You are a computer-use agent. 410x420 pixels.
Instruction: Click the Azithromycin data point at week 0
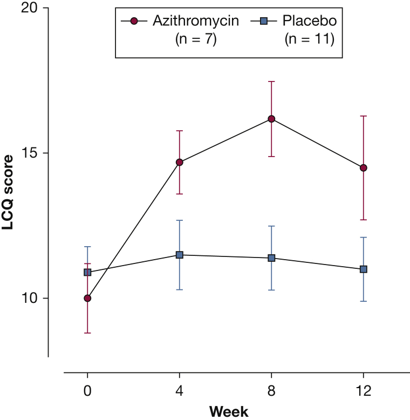pyautogui.click(x=87, y=298)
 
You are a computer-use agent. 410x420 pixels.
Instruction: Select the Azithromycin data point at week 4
pyautogui.click(x=180, y=162)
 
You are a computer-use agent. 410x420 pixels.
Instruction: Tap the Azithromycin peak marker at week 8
pyautogui.click(x=271, y=119)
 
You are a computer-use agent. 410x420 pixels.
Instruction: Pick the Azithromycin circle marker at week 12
pyautogui.click(x=364, y=168)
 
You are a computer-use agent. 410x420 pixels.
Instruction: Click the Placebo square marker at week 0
pyautogui.click(x=87, y=272)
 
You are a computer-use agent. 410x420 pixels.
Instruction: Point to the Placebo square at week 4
pyautogui.click(x=180, y=255)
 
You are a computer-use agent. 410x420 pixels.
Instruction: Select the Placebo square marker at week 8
pyautogui.click(x=271, y=258)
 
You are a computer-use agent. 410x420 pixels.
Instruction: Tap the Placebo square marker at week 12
pyautogui.click(x=364, y=269)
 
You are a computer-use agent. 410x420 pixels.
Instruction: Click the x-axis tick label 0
pyautogui.click(x=87, y=391)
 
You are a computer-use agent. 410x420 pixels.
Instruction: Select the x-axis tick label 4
pyautogui.click(x=180, y=391)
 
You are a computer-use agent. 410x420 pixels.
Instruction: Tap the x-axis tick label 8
pyautogui.click(x=271, y=391)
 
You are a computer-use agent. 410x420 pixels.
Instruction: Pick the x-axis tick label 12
pyautogui.click(x=364, y=391)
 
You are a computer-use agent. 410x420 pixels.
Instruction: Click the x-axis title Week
pyautogui.click(x=229, y=412)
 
